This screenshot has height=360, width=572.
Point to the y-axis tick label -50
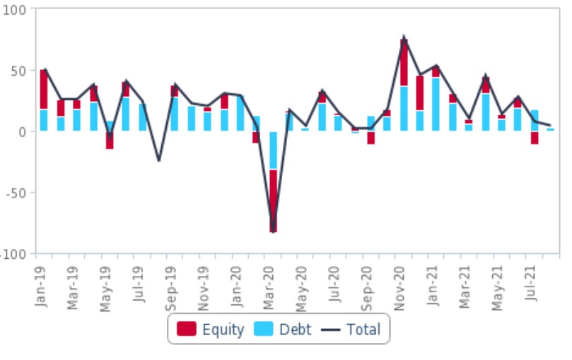pos(16,192)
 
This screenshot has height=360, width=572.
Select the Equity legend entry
pos(211,329)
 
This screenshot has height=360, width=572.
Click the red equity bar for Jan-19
pos(44,89)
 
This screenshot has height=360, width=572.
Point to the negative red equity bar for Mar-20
pos(273,200)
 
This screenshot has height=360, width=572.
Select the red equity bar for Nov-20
pos(404,62)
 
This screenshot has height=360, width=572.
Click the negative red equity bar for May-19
pos(110,140)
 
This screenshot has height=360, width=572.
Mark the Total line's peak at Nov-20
pos(404,37)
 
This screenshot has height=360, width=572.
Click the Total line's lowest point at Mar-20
pos(273,231)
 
